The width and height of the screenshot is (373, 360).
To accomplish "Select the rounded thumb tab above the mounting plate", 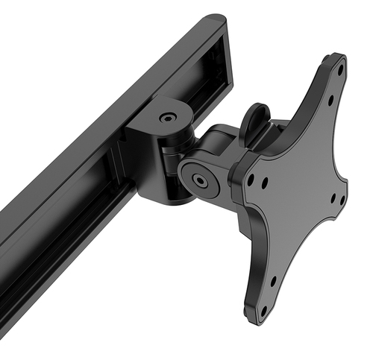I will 256,119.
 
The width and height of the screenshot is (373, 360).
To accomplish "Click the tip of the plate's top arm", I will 339,60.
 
